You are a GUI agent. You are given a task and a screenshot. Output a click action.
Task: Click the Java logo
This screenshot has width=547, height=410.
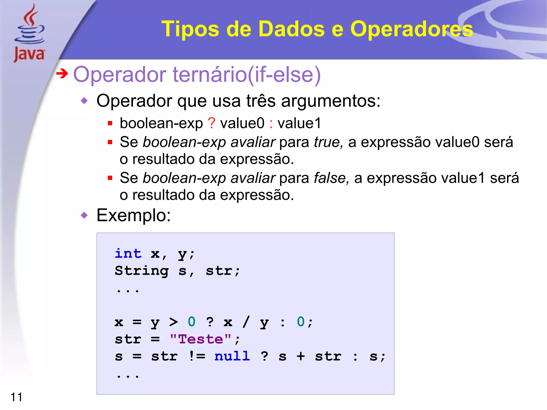pos(29,33)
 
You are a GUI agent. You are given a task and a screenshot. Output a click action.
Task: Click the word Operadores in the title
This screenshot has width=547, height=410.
pos(411,29)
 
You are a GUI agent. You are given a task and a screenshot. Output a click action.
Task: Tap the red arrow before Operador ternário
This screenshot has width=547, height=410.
pos(62,73)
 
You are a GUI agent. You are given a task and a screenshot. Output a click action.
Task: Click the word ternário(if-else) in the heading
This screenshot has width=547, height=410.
pos(247,75)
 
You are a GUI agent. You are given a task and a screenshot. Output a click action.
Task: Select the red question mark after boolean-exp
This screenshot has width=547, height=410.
pos(212,123)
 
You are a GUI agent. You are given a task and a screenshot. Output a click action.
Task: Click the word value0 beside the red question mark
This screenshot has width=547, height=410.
pos(242,123)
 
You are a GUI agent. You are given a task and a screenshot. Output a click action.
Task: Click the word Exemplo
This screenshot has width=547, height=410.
pos(133,215)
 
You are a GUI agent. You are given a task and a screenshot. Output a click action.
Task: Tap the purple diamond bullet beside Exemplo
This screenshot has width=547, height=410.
pos(84,215)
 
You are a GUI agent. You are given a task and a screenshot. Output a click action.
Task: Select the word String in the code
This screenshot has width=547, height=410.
pos(142,271)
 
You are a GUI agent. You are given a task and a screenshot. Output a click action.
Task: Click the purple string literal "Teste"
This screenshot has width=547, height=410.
pos(201,339)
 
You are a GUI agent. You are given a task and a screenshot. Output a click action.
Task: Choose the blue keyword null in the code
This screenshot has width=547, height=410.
pos(232,356)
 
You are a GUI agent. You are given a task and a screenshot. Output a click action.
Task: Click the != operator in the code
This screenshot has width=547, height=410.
pos(197,356)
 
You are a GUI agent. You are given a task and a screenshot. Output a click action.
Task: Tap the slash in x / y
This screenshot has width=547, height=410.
pos(246,322)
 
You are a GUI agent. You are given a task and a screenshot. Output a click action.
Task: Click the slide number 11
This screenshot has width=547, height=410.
pos(16,397)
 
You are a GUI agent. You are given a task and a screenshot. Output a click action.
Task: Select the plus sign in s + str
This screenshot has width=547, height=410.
pos(301,357)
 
